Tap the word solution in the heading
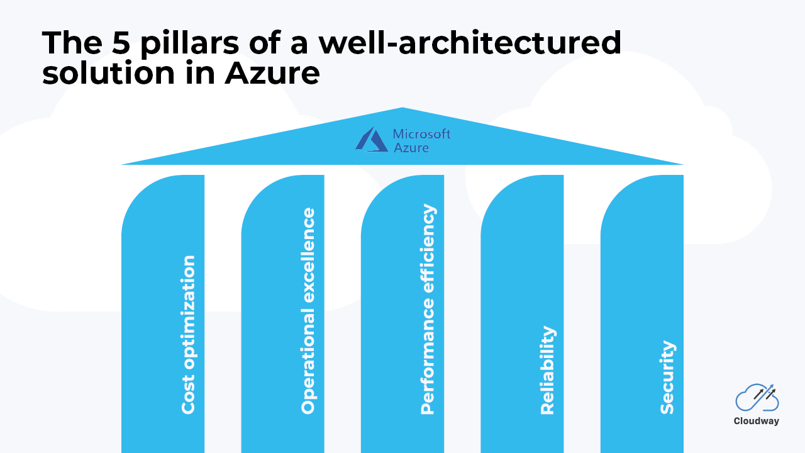[108, 73]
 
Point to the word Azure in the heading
[272, 74]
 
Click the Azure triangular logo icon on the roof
[372, 139]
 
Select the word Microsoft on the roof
[421, 134]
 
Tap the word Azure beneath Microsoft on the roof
[411, 148]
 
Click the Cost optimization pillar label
[188, 335]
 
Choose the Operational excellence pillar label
[308, 311]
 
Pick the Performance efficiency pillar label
[428, 309]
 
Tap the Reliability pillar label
[548, 371]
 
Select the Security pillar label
[667, 377]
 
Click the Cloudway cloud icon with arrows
[757, 397]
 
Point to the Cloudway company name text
[757, 421]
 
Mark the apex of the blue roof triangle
[402, 108]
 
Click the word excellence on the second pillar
[308, 255]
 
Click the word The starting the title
[72, 43]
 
